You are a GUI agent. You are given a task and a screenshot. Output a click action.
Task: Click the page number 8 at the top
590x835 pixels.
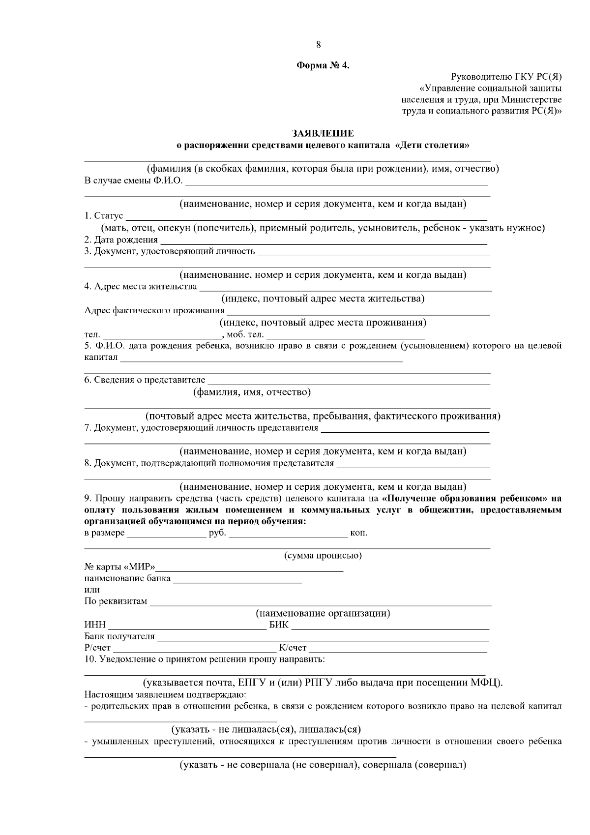(319, 45)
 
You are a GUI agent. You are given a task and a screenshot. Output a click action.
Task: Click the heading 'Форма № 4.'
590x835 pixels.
(323, 66)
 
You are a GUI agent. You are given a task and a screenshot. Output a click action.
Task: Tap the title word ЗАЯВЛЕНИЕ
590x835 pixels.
(323, 133)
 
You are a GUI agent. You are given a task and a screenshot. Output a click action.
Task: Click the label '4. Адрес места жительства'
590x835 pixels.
(141, 287)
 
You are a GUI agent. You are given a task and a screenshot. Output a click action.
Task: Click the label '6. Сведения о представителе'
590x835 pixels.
(145, 380)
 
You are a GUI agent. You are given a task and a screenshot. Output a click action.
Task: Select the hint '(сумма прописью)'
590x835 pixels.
(323, 556)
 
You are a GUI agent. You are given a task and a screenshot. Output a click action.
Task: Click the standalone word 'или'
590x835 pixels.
(92, 590)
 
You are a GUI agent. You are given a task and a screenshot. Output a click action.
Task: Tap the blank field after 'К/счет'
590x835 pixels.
(397, 649)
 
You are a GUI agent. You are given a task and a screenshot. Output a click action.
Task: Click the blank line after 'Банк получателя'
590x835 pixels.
(323, 637)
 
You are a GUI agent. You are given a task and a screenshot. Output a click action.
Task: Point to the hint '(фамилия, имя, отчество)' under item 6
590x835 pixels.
(252, 392)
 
